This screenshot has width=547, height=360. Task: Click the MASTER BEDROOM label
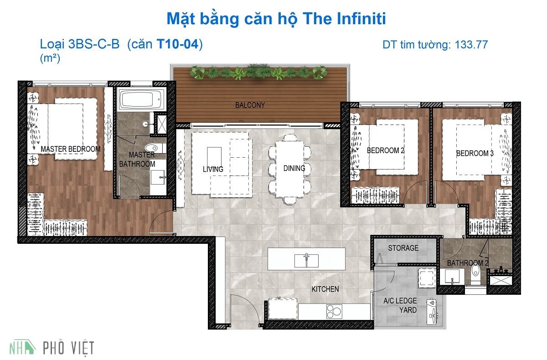point(71,149)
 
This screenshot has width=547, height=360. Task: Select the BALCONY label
point(250,105)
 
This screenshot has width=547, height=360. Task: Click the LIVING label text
point(213,169)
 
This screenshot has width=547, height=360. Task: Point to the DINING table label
point(294,168)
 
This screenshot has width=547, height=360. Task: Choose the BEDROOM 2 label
point(385,150)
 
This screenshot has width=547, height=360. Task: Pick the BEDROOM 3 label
point(475,154)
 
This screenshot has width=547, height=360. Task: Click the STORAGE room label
point(403,248)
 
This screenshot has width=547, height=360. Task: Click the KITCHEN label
point(325,289)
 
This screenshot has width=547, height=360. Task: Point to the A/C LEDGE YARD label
point(400,305)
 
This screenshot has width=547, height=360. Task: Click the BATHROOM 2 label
point(468,263)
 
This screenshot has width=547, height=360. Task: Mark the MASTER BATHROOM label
point(137,159)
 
